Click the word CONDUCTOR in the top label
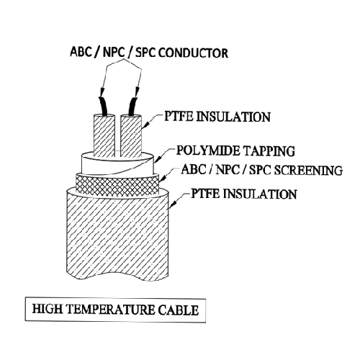(x=193, y=53)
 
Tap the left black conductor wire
(x=103, y=106)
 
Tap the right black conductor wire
(x=132, y=106)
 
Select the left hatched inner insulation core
(x=104, y=136)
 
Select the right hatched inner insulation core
(x=131, y=136)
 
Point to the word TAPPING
(x=269, y=151)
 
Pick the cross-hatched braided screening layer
(x=117, y=185)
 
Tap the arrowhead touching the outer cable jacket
(x=174, y=204)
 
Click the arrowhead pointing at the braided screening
(x=163, y=179)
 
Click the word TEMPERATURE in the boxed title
(x=110, y=310)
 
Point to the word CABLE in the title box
(x=179, y=310)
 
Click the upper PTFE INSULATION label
(x=217, y=117)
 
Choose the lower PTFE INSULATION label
(x=244, y=194)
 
